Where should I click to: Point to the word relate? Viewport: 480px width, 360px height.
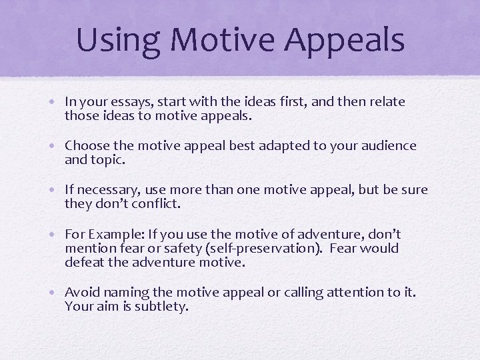(x=385, y=101)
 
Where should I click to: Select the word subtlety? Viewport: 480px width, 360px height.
(x=163, y=307)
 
